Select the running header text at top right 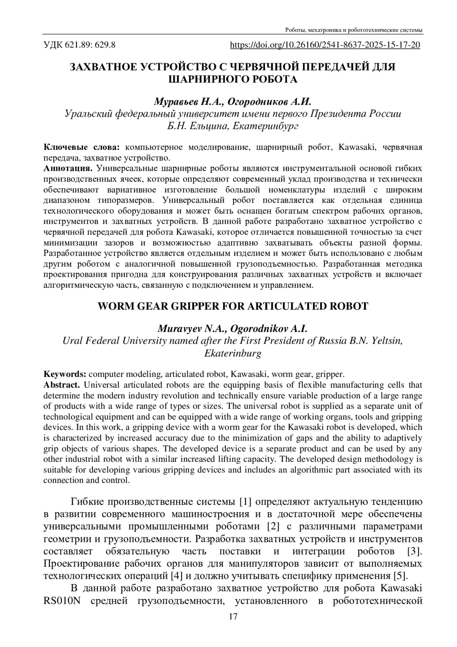click(x=354, y=30)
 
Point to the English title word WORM click(x=115, y=306)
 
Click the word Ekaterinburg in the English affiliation click(x=233, y=353)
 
